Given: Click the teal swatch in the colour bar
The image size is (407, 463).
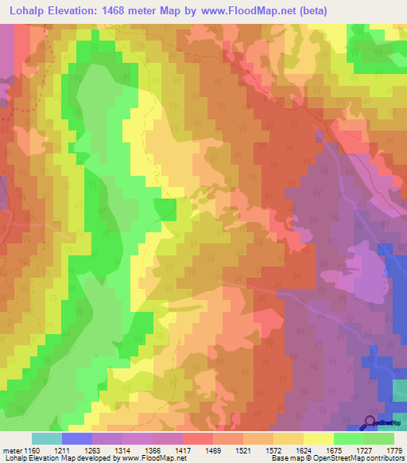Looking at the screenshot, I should point(46,438).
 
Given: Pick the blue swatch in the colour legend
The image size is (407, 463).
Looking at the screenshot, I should point(76,438).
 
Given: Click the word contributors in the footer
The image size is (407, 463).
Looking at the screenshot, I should point(383,458).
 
